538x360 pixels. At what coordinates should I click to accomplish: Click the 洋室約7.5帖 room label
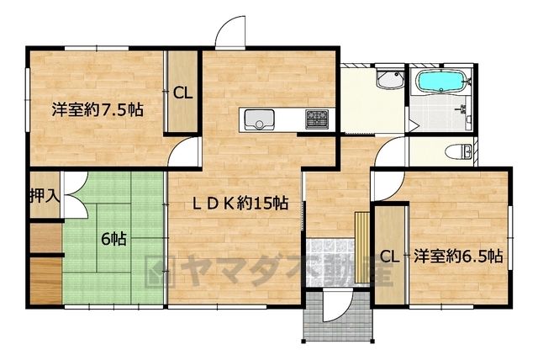click(x=98, y=110)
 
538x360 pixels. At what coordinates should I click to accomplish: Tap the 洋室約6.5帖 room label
click(x=458, y=256)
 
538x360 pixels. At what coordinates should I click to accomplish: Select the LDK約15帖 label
click(x=240, y=204)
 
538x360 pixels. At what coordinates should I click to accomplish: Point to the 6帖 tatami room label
click(x=114, y=239)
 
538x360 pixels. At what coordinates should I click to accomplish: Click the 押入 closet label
click(x=45, y=196)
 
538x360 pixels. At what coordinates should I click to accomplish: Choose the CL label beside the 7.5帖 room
click(x=182, y=93)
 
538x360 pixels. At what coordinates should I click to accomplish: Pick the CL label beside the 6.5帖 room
click(x=390, y=257)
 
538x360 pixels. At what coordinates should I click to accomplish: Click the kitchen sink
click(x=259, y=119)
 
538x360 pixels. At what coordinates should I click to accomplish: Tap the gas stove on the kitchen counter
click(x=317, y=119)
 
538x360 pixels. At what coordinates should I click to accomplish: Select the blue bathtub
click(x=440, y=82)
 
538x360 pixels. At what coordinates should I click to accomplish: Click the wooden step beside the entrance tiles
click(x=362, y=248)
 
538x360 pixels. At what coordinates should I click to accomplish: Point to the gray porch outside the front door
click(x=338, y=315)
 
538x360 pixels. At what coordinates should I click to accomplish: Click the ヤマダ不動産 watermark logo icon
click(x=160, y=272)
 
